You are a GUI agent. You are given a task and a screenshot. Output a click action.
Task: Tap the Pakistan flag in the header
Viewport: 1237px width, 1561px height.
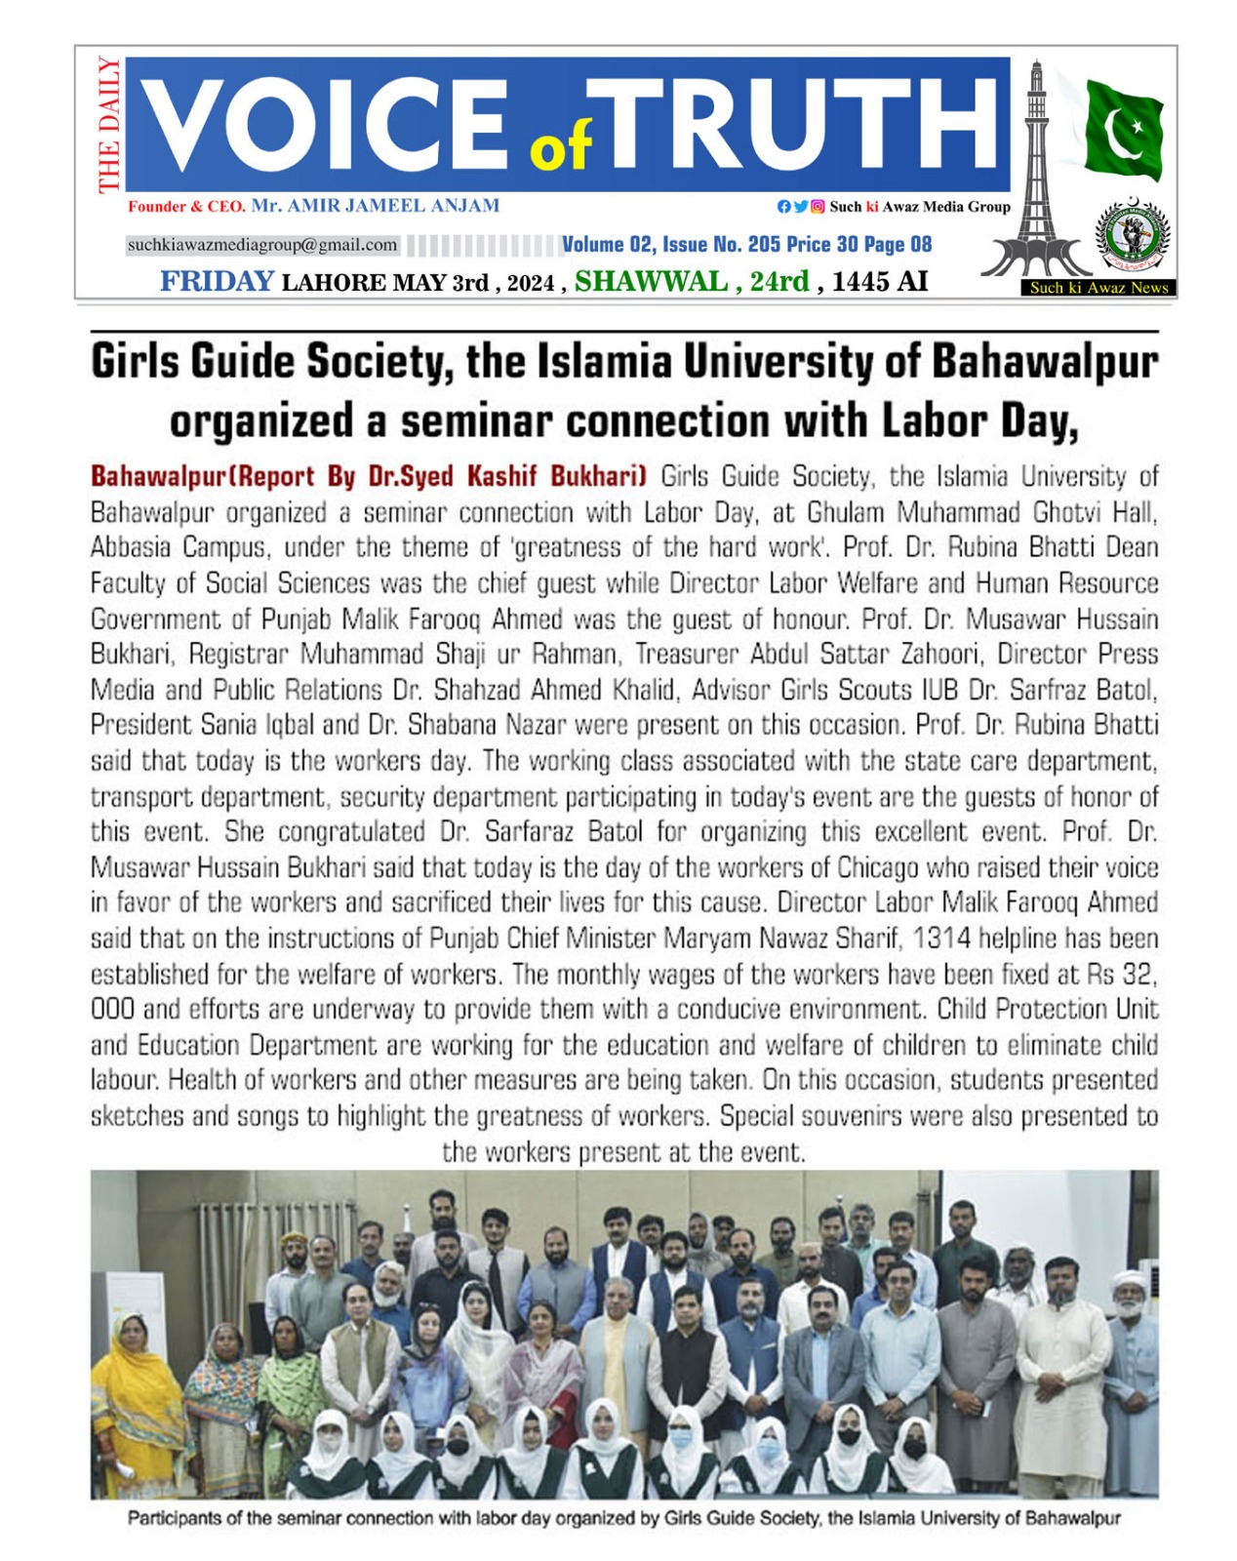tap(1124, 129)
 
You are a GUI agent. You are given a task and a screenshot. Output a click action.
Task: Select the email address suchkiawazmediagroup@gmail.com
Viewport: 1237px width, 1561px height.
tap(262, 245)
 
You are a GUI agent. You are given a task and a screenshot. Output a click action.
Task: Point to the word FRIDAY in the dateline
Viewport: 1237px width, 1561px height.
tap(217, 282)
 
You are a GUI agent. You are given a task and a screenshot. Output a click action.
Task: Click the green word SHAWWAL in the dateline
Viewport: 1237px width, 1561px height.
tap(651, 282)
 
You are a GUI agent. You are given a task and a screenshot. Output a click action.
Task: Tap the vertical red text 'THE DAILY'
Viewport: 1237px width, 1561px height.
tap(108, 125)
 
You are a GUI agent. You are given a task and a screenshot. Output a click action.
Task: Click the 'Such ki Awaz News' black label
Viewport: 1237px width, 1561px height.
tap(1098, 288)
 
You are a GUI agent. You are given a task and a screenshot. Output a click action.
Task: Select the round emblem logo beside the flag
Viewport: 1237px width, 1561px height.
tap(1132, 236)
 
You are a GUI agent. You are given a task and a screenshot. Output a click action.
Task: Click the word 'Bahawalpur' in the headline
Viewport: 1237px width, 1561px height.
tap(1044, 362)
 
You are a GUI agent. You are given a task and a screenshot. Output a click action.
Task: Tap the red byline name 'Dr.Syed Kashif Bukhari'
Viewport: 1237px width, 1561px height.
tap(507, 477)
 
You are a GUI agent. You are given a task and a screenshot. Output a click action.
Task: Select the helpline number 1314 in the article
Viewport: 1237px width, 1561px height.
tap(942, 939)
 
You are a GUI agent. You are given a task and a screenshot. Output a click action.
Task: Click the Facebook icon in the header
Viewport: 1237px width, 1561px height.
tap(783, 207)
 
